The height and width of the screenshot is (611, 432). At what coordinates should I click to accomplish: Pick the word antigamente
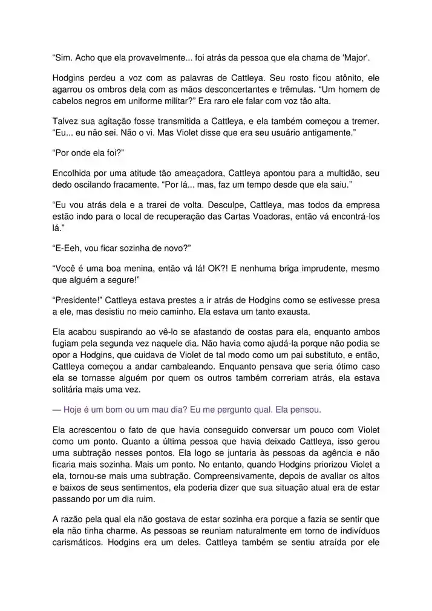tap(329, 132)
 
